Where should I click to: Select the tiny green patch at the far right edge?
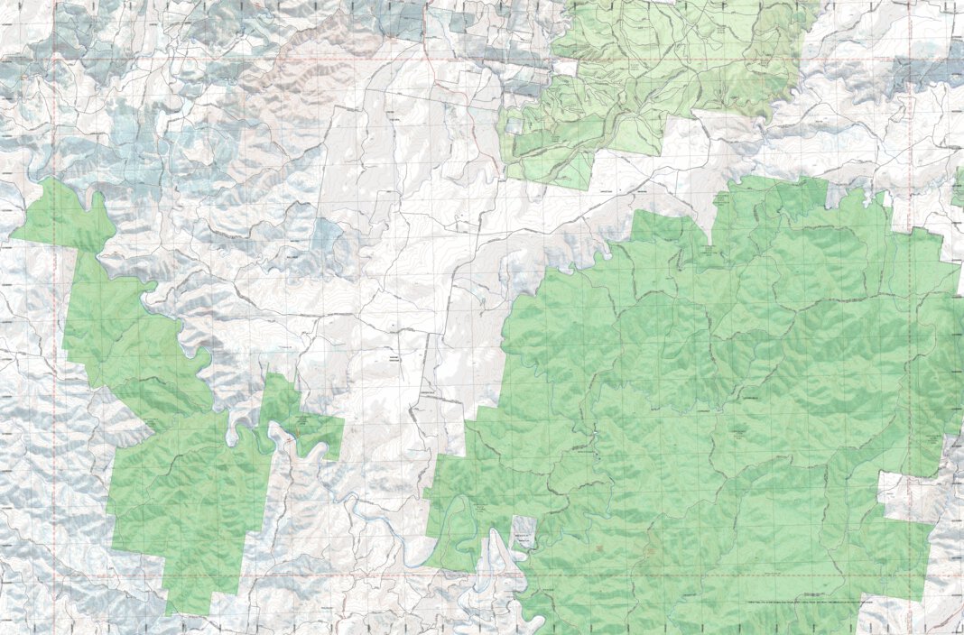tap(959, 186)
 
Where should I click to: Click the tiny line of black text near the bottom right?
tap(808, 599)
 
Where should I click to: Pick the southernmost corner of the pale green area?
tap(578, 185)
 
